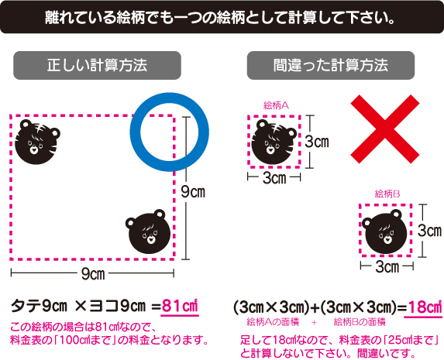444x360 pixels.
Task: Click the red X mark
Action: [x=385, y=129]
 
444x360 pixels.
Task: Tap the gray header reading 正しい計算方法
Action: [x=97, y=65]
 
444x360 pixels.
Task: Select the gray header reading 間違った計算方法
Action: [x=331, y=65]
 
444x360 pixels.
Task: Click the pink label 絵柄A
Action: [x=276, y=105]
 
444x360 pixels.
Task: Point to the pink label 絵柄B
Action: [x=387, y=194]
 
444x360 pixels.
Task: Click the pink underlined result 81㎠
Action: [x=180, y=307]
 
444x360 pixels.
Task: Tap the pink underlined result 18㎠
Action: [x=423, y=307]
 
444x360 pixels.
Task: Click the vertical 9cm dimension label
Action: [x=193, y=192]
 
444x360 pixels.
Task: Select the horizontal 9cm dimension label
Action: [x=93, y=274]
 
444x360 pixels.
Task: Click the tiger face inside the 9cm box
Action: [x=37, y=142]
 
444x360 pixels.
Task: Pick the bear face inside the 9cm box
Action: [x=148, y=231]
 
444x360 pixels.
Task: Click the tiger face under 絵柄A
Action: [x=274, y=142]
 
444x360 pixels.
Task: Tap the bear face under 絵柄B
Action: [x=384, y=231]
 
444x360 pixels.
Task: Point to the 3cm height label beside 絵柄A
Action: [x=317, y=141]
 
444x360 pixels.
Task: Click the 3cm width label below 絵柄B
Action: [x=387, y=267]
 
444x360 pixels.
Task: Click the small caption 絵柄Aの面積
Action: [x=273, y=322]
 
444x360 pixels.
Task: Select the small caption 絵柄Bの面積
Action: [x=360, y=322]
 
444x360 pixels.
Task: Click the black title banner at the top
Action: [x=222, y=17]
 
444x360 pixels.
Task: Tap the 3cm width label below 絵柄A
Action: [x=274, y=178]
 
